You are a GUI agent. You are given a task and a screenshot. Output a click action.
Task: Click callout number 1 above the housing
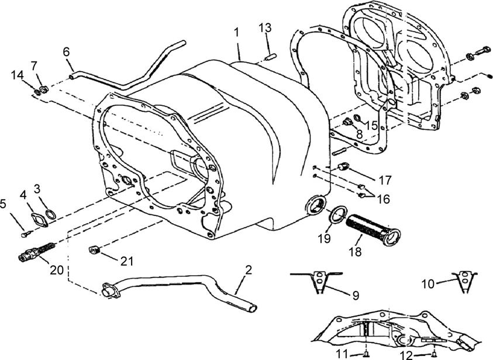[236, 33]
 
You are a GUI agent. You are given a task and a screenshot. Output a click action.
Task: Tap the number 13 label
[265, 28]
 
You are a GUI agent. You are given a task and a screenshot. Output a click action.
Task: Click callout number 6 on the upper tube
[66, 52]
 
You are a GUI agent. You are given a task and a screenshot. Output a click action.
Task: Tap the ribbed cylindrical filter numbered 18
[373, 231]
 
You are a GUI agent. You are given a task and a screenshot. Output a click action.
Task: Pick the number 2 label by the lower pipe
[249, 270]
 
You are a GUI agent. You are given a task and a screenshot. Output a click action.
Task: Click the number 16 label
[382, 199]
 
